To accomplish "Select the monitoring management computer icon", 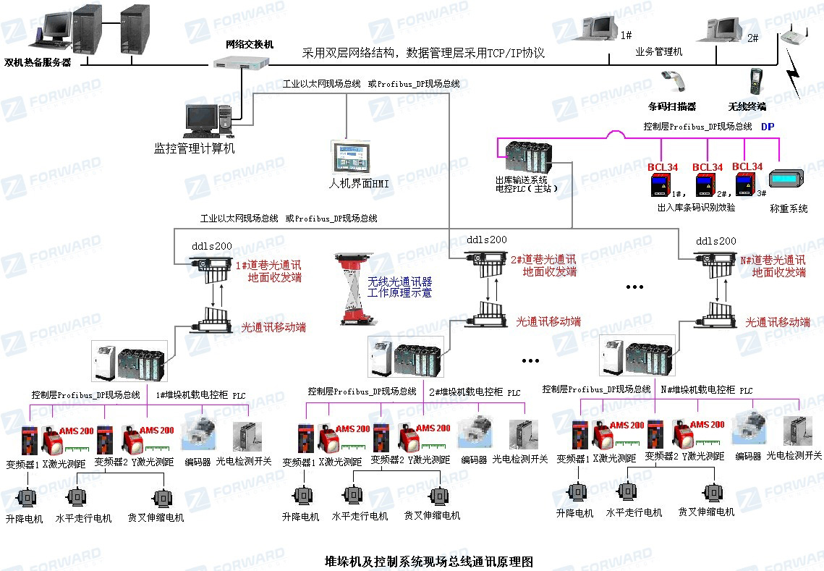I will [x=207, y=120].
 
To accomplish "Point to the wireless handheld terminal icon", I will [x=755, y=81].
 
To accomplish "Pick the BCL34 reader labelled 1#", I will [x=659, y=186].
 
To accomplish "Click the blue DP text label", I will [x=768, y=126].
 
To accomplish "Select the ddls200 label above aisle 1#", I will [x=213, y=245].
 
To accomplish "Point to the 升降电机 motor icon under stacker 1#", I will [x=26, y=499].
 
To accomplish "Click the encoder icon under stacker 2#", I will [x=473, y=432].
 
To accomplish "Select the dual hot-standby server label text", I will [x=38, y=62].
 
